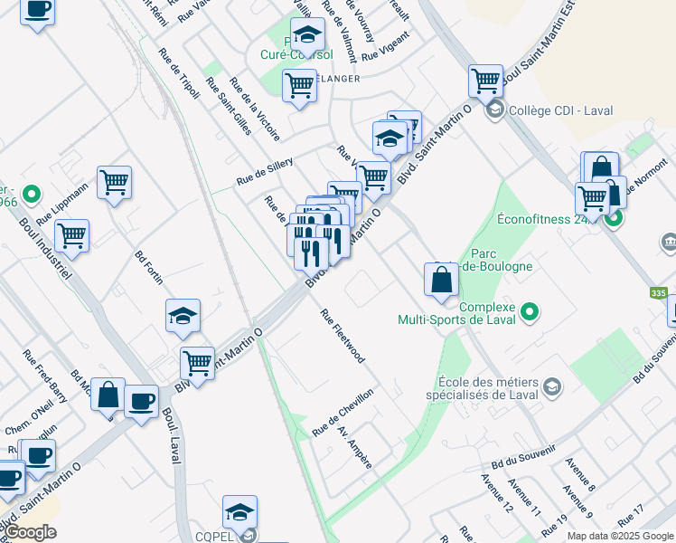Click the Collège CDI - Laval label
point(560,111)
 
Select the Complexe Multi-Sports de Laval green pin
point(530,313)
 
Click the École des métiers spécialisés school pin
point(551,388)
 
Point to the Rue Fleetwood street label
point(343,336)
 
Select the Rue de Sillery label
point(265,170)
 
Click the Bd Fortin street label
point(150,267)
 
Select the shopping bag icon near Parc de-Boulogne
point(441,279)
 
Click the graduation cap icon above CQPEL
point(239,512)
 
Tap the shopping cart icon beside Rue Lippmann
point(115,182)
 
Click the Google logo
point(30,532)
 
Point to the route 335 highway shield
point(659,293)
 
